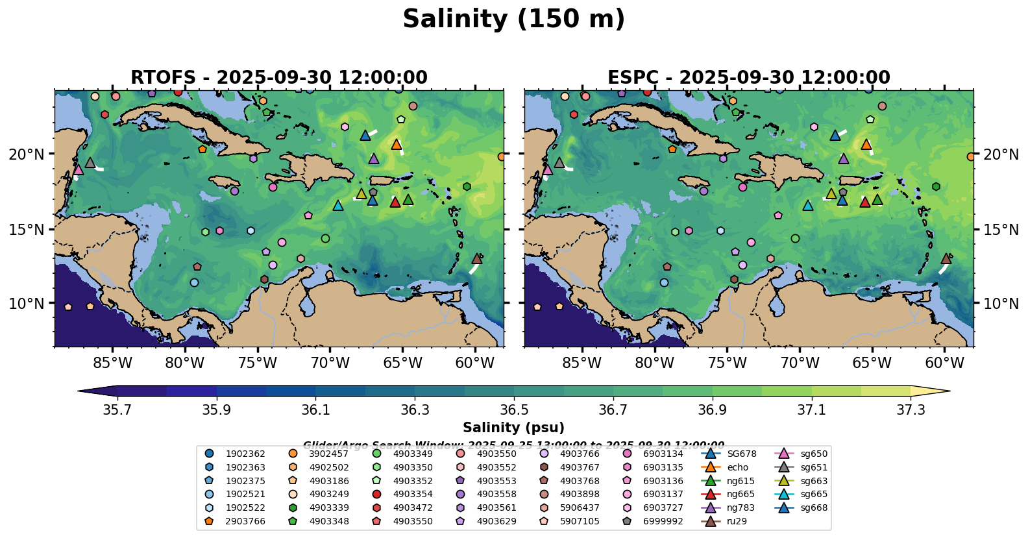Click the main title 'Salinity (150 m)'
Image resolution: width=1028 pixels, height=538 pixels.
[x=513, y=19]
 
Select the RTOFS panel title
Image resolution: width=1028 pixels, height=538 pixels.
[x=279, y=78]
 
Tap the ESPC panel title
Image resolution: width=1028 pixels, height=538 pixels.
[x=748, y=78]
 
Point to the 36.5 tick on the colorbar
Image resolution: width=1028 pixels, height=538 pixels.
[x=514, y=410]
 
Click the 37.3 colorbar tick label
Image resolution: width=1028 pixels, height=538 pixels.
[x=911, y=410]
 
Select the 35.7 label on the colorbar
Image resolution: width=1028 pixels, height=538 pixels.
[x=117, y=410]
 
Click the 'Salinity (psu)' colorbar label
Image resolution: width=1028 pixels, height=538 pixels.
[x=513, y=428]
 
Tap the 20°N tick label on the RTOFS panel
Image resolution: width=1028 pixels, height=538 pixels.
[x=27, y=154]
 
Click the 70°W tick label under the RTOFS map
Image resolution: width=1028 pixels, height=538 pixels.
[x=330, y=363]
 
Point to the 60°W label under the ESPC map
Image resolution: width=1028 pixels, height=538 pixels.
[x=944, y=363]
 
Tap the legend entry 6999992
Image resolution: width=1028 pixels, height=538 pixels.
[x=663, y=521]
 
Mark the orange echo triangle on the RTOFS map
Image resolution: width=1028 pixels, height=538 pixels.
[x=397, y=144]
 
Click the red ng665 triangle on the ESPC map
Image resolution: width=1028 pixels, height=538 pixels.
[x=864, y=202]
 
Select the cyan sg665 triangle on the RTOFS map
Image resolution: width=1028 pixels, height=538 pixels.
[x=338, y=205]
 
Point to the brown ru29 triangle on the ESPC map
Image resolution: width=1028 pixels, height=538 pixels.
[x=946, y=258]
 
